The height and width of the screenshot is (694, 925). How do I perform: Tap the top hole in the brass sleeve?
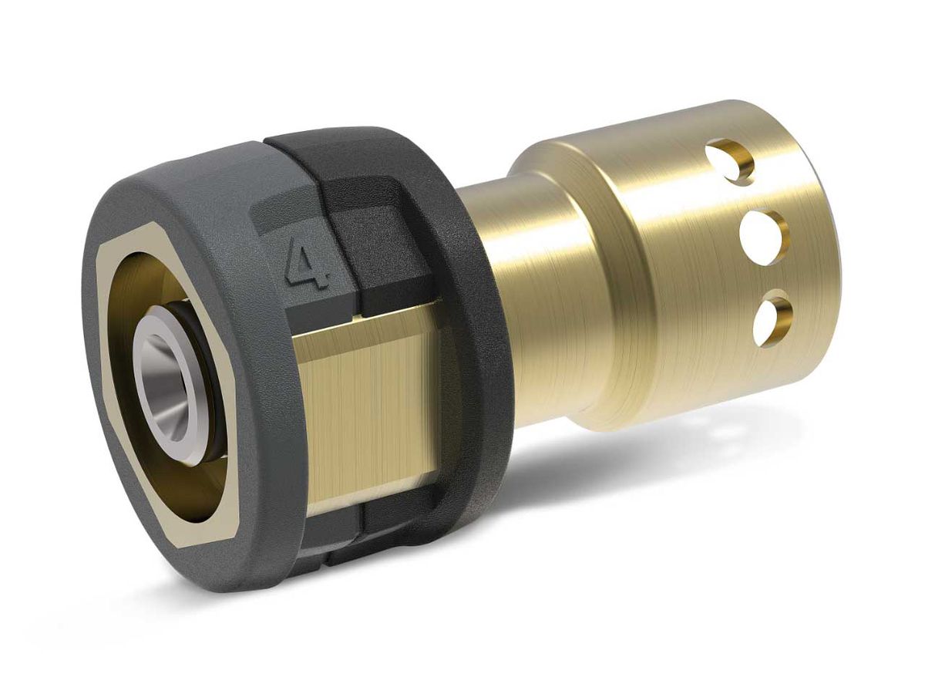pyautogui.click(x=733, y=160)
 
